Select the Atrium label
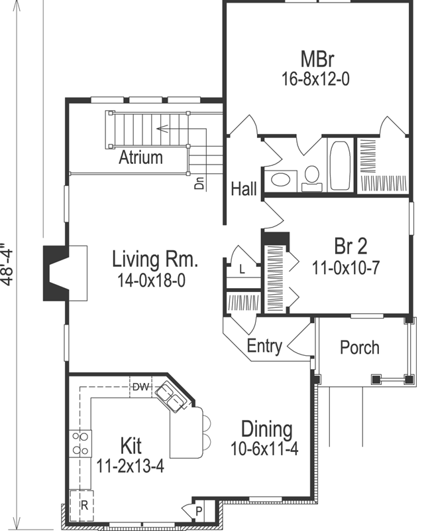[x=140, y=158]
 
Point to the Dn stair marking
[x=199, y=182]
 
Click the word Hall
[x=243, y=189]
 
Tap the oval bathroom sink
[x=284, y=179]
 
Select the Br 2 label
[x=350, y=247]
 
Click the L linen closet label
[x=242, y=269]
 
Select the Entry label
[x=264, y=346]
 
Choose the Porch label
[x=359, y=347]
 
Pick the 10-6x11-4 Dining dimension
[x=265, y=448]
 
